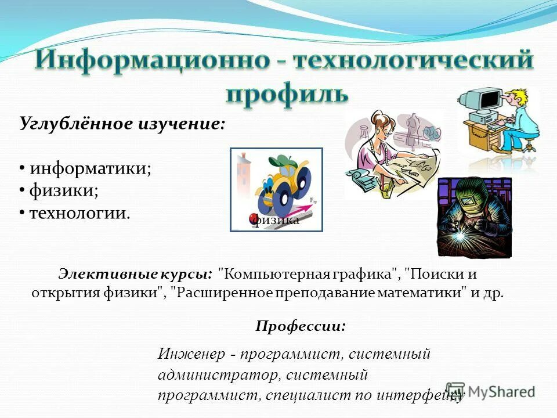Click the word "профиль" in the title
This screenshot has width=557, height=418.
287,93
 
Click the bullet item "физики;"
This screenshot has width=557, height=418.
63,190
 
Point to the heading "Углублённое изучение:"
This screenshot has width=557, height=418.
122,124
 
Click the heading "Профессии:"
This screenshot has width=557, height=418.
300,326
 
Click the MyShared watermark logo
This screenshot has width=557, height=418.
490,391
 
